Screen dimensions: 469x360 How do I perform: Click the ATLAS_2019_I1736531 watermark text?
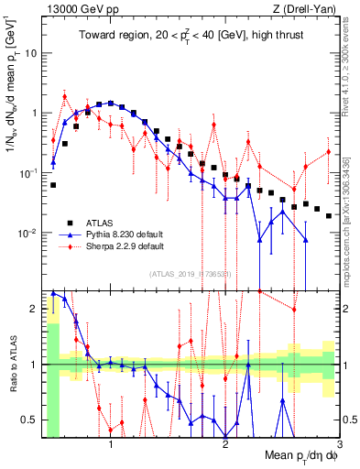point(191,274)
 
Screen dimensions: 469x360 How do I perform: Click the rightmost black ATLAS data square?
point(329,215)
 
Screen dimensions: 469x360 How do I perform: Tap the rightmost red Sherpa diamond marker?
point(329,151)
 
